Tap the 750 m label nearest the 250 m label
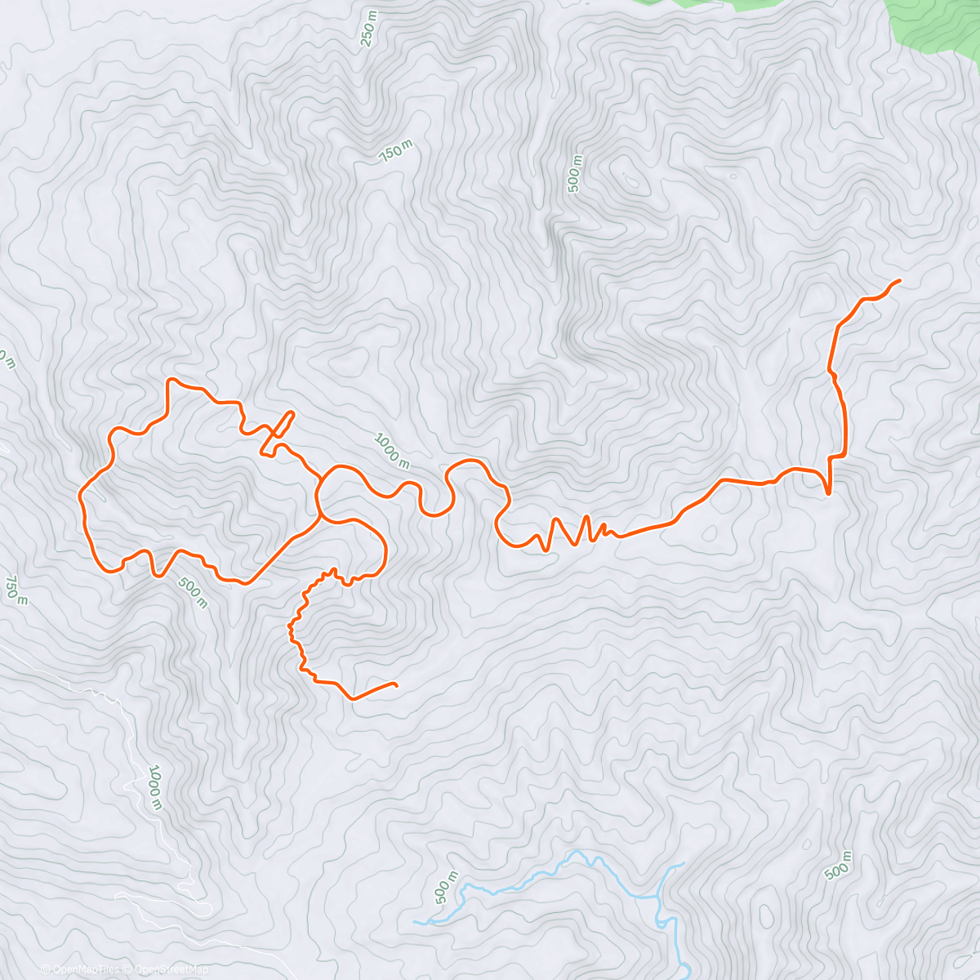[396, 151]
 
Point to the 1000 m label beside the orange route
[392, 452]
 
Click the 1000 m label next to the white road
[155, 787]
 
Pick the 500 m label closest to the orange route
[193, 593]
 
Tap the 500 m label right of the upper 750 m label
[575, 173]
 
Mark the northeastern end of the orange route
[899, 281]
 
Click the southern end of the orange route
[396, 684]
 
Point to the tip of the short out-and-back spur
[291, 413]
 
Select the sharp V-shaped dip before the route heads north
[828, 492]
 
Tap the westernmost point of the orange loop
[79, 493]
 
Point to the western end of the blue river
[415, 922]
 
